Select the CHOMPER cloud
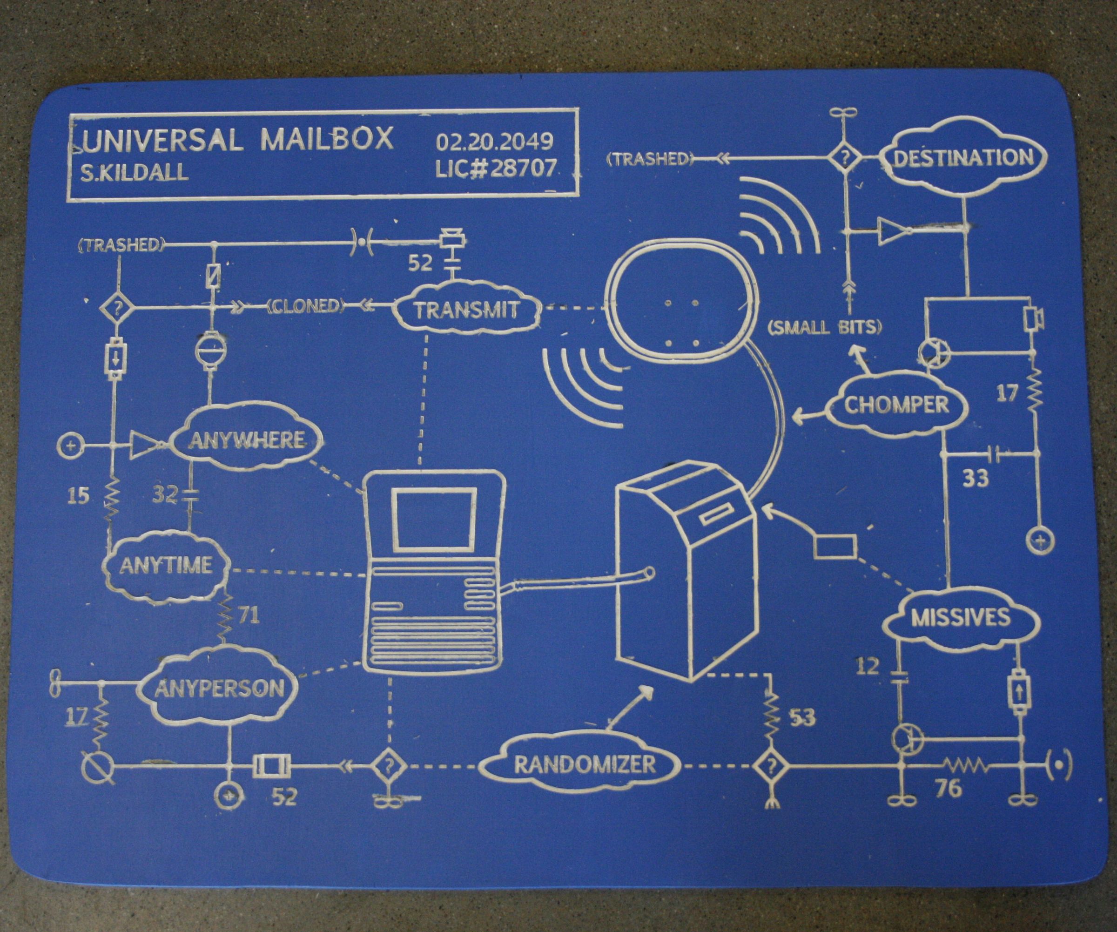[x=897, y=405]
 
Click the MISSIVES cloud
[x=961, y=618]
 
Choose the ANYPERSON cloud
[x=220, y=689]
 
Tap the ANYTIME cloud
[x=166, y=565]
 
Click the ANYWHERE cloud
[x=247, y=440]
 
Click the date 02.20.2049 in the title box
[x=495, y=142]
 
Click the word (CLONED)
[x=305, y=306]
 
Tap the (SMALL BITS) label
[x=824, y=327]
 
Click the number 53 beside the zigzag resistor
[x=802, y=718]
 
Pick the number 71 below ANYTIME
[x=249, y=615]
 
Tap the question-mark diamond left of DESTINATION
[x=845, y=157]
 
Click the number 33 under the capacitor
[x=976, y=478]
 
